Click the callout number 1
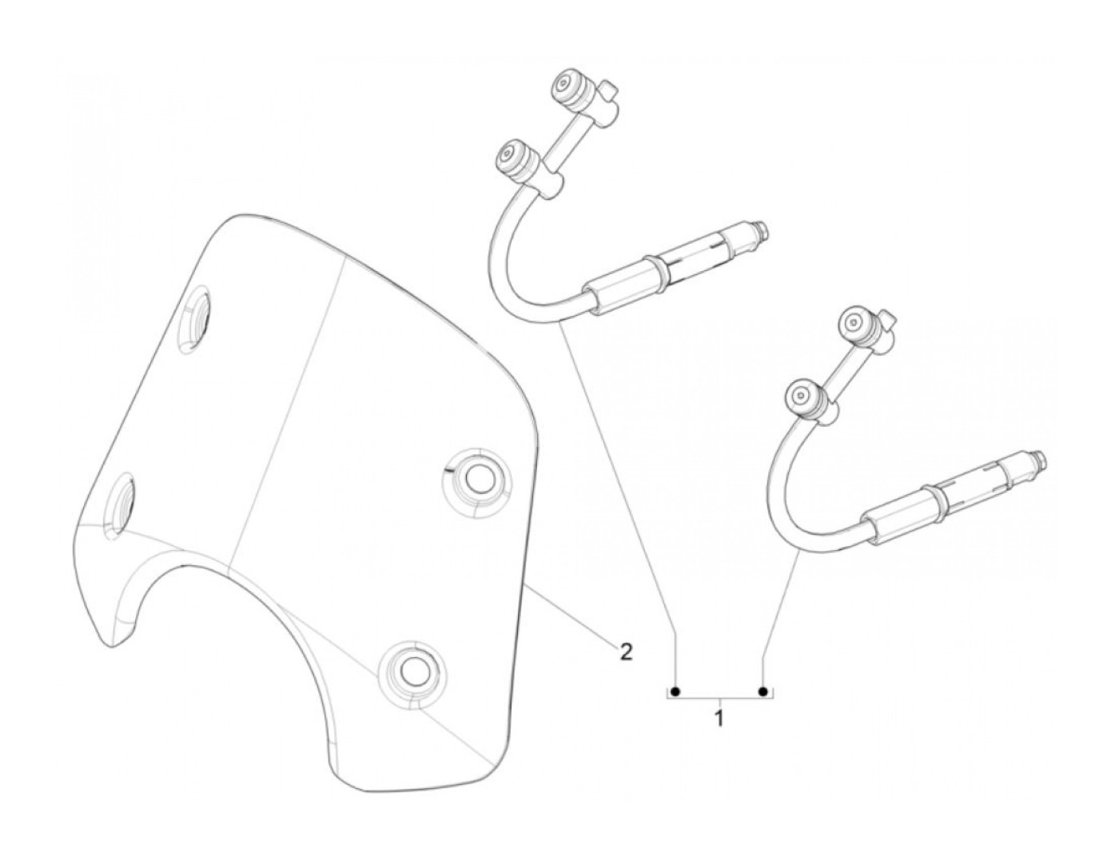[x=719, y=717]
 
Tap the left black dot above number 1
[x=675, y=691]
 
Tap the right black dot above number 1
[x=763, y=691]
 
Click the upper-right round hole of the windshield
[x=478, y=479]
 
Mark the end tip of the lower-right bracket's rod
[x=1042, y=458]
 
